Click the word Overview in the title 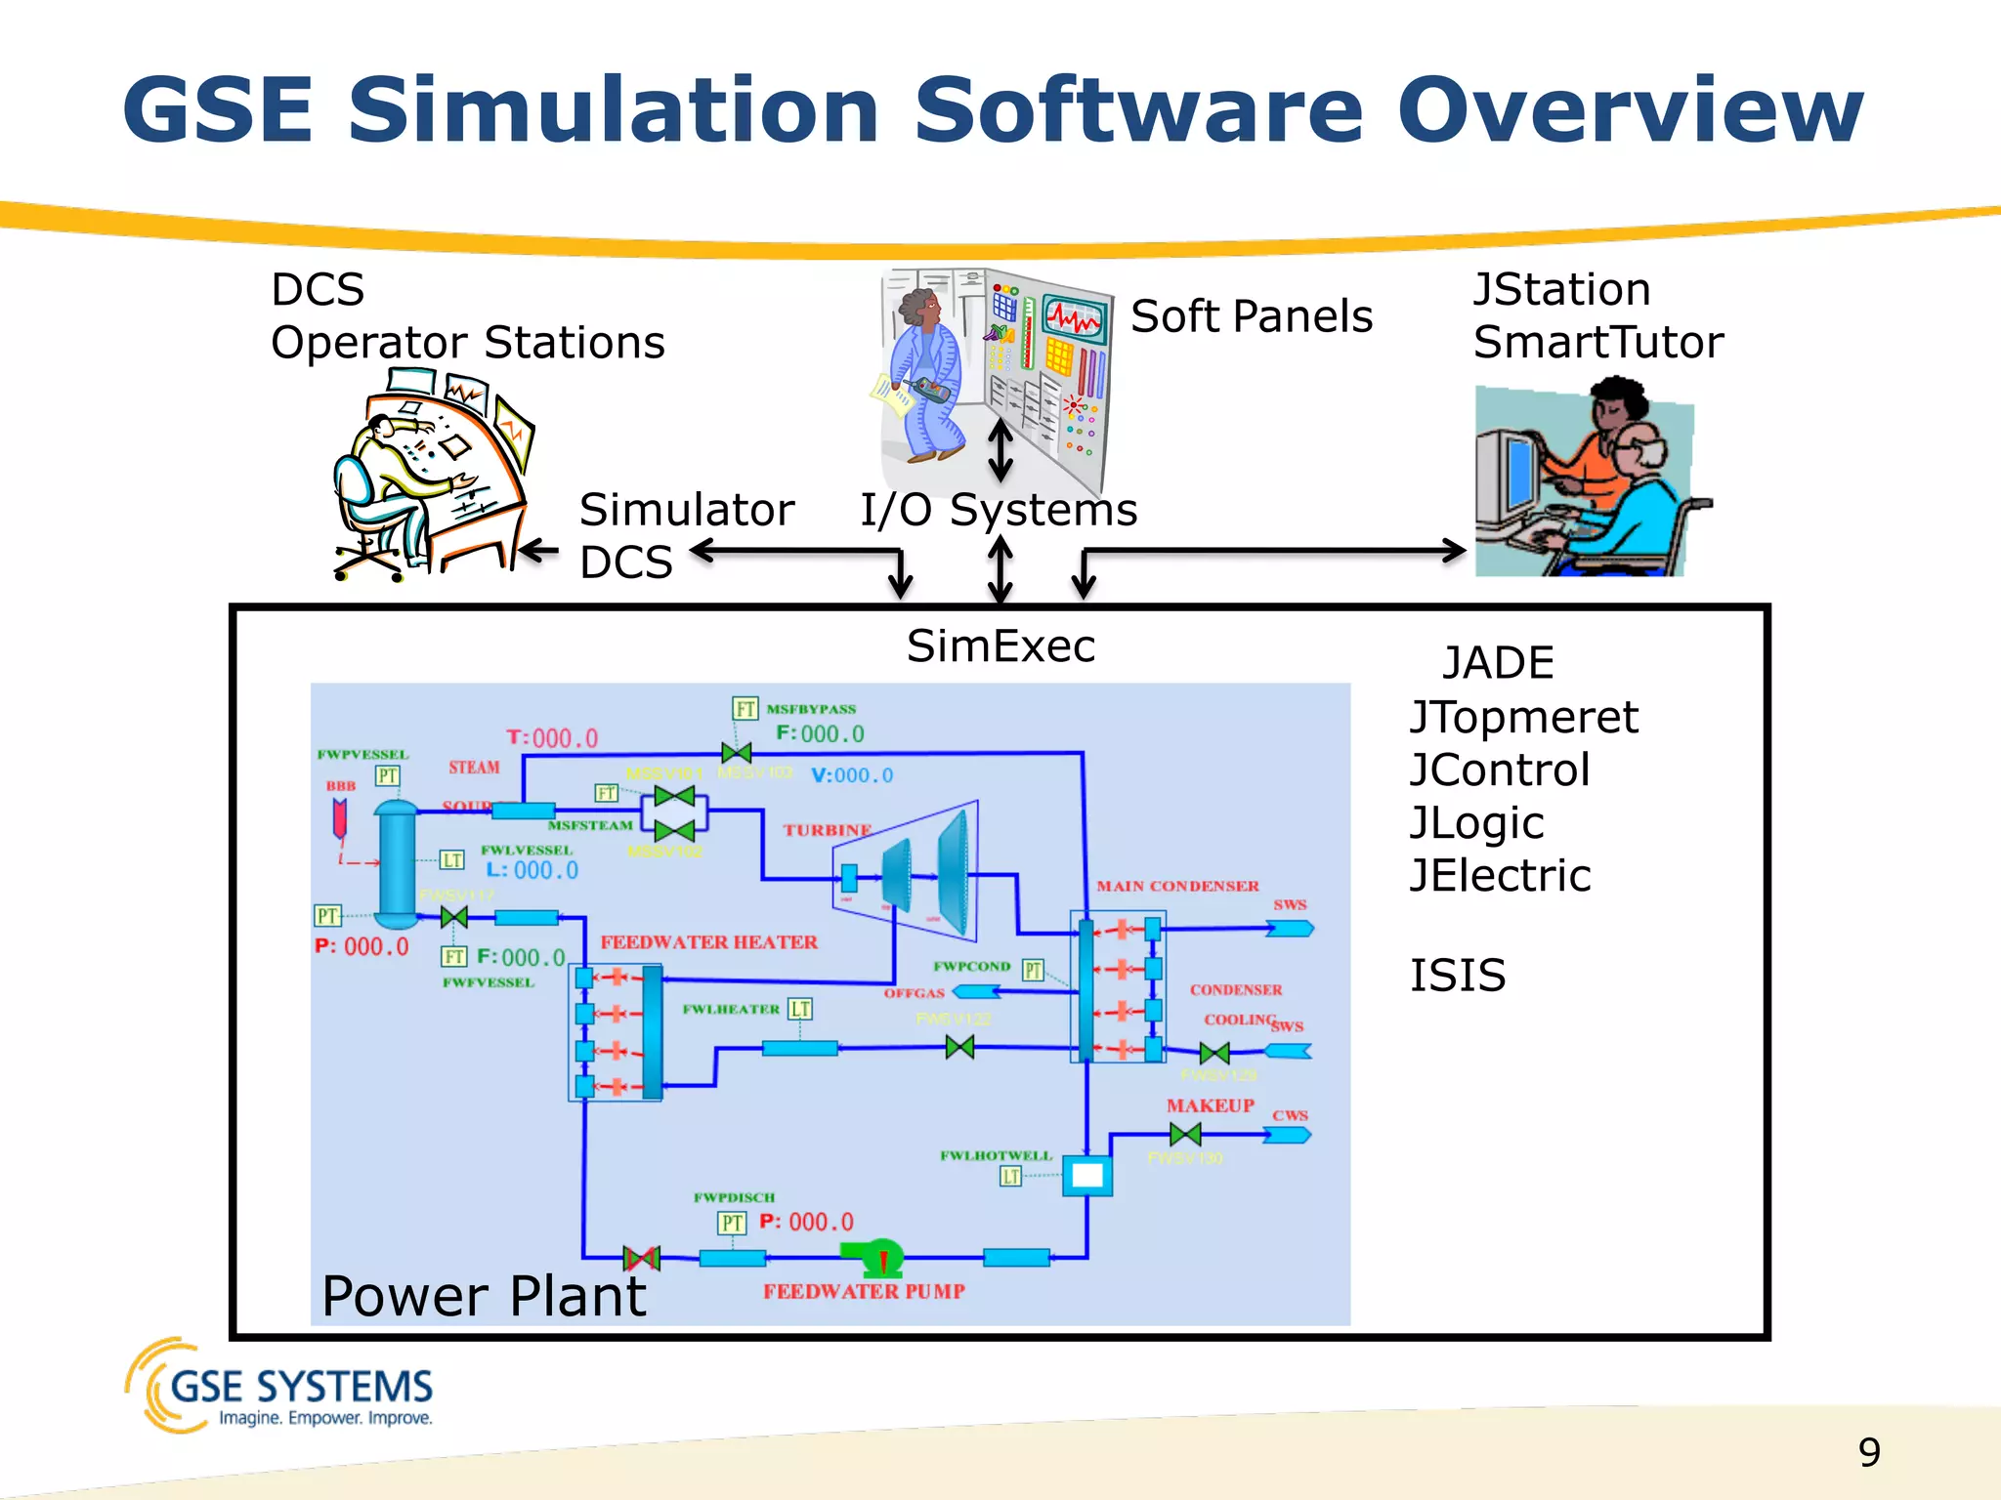coord(1630,109)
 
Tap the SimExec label coord(1000,646)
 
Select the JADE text coord(1498,663)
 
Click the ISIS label coord(1457,976)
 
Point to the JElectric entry coord(1500,875)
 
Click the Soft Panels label coord(1251,316)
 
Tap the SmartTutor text coord(1597,343)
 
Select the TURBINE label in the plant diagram coord(827,830)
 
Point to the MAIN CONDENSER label coord(1177,886)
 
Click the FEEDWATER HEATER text coord(708,942)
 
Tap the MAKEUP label coord(1210,1105)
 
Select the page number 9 coord(1868,1452)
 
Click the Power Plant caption coord(484,1296)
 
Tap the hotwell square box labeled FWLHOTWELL coord(1086,1176)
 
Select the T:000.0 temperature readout coord(552,738)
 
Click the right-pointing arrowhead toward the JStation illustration coord(1454,551)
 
